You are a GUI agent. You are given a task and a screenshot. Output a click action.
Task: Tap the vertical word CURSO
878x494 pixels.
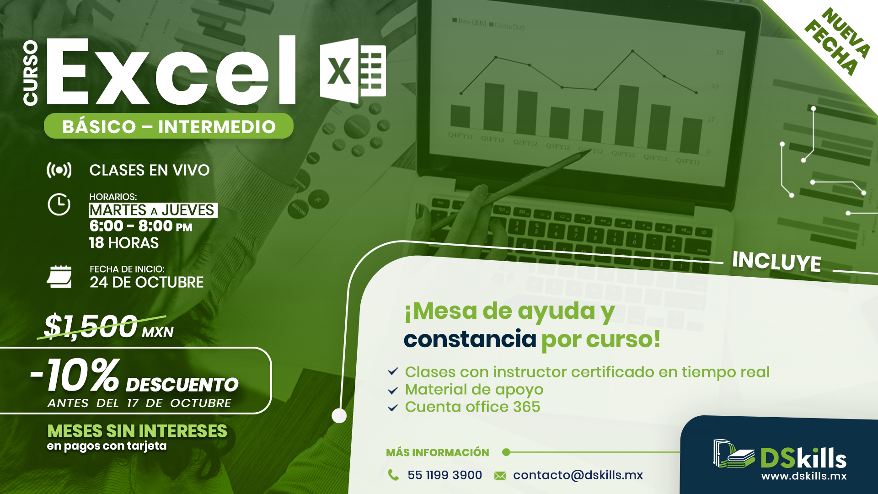click(x=31, y=73)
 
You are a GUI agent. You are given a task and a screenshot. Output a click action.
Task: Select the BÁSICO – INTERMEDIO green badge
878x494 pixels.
click(x=169, y=126)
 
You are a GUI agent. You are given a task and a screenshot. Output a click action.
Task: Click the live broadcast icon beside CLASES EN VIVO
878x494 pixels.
click(x=59, y=170)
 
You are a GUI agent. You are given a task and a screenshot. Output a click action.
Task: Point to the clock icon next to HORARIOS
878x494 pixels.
click(x=59, y=204)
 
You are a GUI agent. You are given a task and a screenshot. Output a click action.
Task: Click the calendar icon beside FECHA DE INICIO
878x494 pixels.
click(x=59, y=276)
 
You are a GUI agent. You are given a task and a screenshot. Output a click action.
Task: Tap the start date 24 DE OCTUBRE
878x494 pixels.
click(x=146, y=282)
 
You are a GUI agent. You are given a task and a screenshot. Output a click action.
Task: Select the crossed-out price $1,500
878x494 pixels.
click(x=91, y=326)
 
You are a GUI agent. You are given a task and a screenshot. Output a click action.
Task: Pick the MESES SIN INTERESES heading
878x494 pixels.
click(x=137, y=431)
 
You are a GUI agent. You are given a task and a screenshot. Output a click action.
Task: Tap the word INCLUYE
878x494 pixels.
click(x=776, y=262)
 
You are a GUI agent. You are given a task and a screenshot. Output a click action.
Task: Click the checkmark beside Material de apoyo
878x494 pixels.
click(x=393, y=390)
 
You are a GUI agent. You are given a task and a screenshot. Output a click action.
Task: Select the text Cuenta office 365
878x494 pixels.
click(x=472, y=407)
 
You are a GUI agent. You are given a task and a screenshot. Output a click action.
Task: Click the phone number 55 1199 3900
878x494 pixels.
click(x=444, y=475)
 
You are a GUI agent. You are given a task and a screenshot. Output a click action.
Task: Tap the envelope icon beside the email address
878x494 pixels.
click(x=500, y=476)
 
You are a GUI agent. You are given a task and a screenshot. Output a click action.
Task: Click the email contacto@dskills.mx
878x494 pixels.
click(x=578, y=475)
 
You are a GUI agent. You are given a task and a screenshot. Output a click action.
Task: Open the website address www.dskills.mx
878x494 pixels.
click(x=804, y=476)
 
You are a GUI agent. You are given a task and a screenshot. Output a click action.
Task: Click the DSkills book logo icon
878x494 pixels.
click(x=733, y=454)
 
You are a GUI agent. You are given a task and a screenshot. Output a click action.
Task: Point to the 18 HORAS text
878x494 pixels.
click(x=124, y=243)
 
